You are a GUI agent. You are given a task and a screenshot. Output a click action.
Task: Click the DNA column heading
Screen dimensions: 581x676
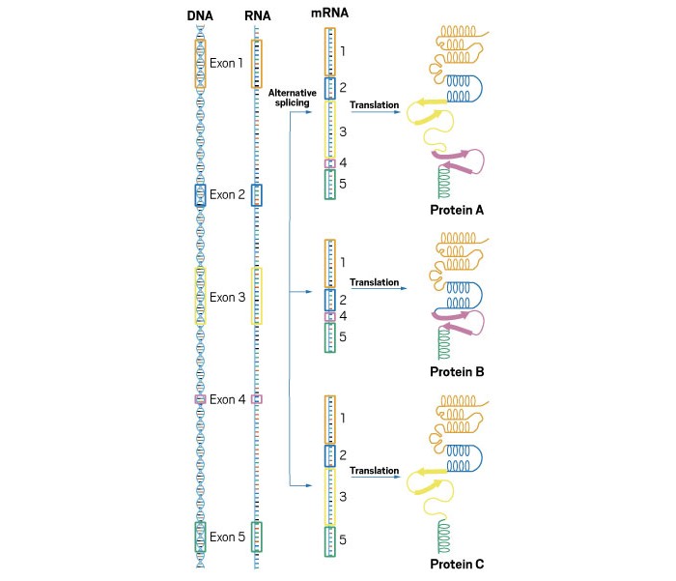tap(199, 15)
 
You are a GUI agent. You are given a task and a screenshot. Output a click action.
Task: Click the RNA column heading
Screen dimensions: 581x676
tap(256, 15)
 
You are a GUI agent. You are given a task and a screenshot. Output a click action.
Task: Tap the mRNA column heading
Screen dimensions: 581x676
tap(330, 15)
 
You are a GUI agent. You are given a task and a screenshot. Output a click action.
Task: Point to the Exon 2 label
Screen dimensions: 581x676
tap(228, 194)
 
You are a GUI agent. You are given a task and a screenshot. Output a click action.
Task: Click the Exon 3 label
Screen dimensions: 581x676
tap(228, 297)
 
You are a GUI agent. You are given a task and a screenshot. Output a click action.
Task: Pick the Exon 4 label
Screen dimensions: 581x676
tap(228, 399)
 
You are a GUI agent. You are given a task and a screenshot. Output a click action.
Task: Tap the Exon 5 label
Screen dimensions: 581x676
tap(228, 537)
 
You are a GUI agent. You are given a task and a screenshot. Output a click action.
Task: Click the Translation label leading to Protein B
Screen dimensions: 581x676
tap(375, 282)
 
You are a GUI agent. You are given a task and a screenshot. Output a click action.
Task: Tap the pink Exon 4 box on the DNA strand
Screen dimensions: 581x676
tap(200, 398)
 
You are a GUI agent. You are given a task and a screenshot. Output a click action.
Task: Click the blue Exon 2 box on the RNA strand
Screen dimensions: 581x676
tap(257, 194)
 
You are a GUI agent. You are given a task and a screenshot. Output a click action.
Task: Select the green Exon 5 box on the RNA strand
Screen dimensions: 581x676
tap(257, 537)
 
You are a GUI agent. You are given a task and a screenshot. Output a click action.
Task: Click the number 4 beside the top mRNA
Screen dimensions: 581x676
tap(343, 162)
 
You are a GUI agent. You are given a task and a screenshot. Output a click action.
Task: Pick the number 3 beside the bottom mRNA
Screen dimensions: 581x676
tap(343, 496)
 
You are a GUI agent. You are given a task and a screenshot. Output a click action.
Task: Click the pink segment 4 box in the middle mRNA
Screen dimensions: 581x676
tap(329, 316)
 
